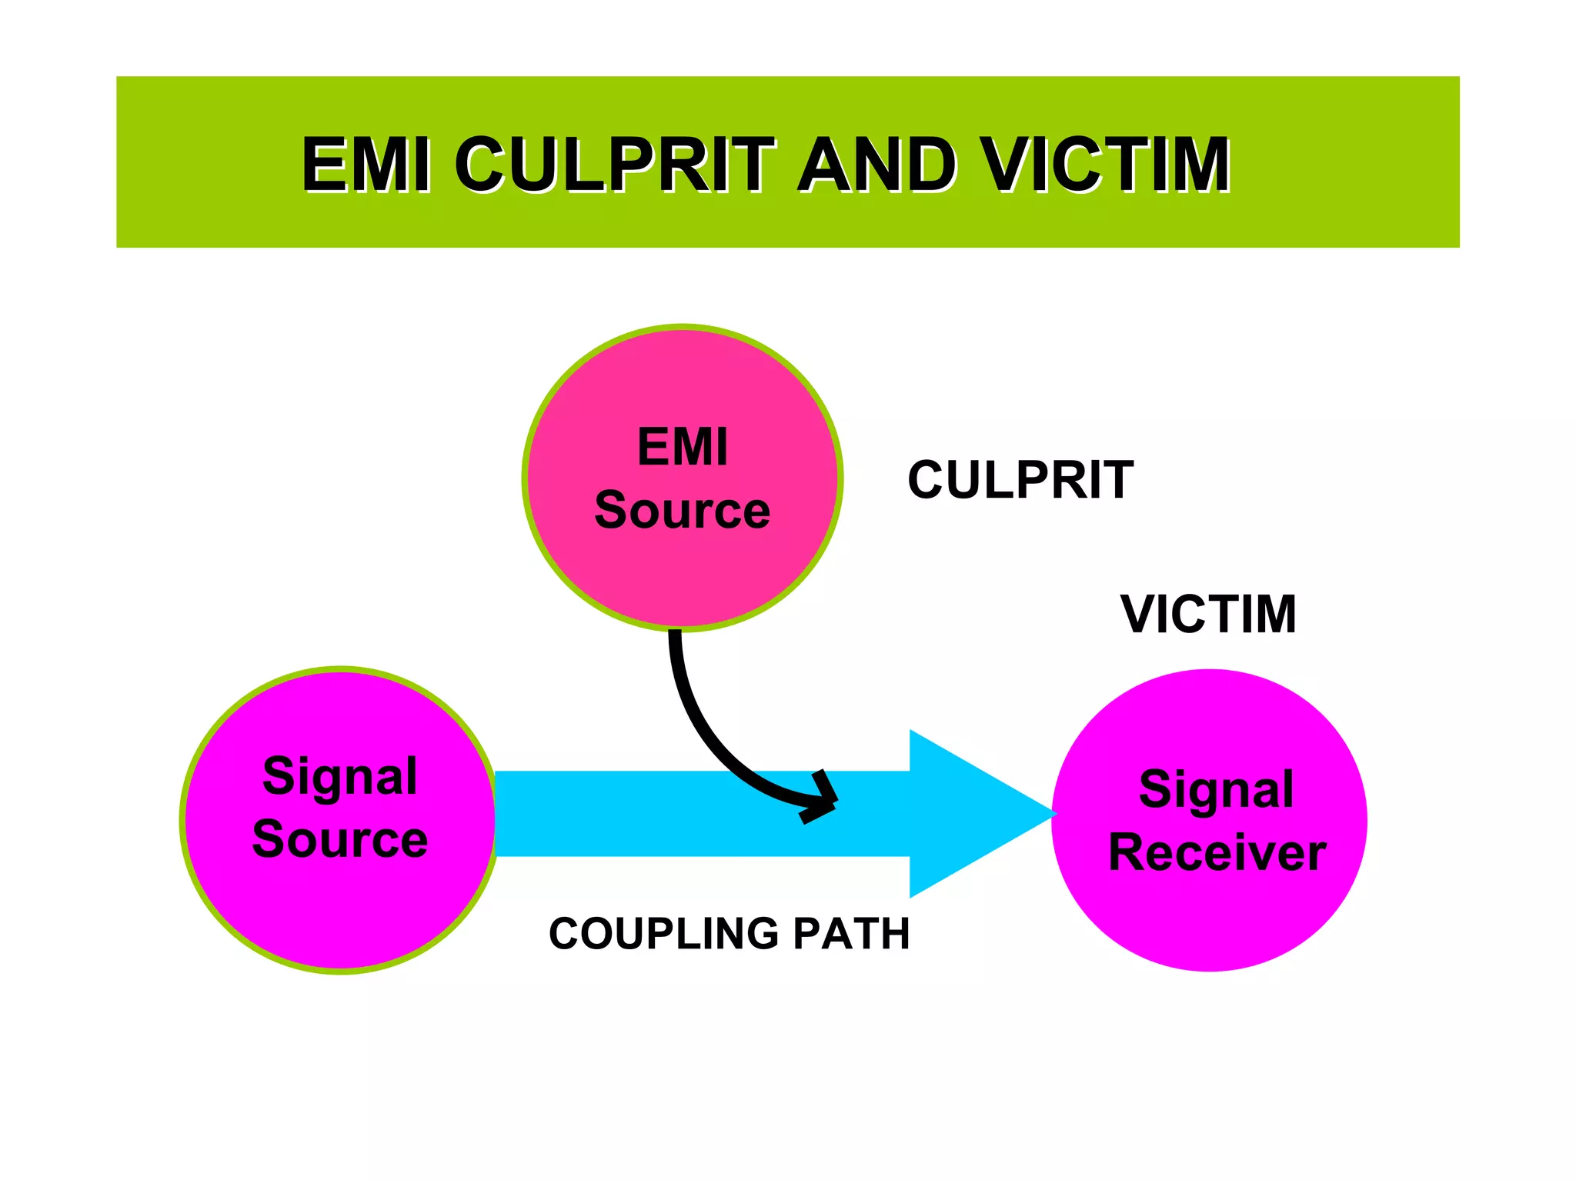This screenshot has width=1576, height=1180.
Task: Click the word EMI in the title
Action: (366, 164)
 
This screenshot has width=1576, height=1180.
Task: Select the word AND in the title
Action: (876, 164)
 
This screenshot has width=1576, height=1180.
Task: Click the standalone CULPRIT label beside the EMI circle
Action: (1020, 480)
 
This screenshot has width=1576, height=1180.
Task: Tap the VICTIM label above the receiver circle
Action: (1208, 614)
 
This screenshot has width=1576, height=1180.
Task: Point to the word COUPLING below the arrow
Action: (663, 934)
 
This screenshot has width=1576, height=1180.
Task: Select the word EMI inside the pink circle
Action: (683, 447)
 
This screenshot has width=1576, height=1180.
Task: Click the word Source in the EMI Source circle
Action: (682, 510)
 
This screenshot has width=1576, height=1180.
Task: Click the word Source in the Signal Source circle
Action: (340, 838)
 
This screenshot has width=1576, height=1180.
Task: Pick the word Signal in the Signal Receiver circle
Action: (1216, 789)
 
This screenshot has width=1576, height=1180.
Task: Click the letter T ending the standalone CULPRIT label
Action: (1117, 480)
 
